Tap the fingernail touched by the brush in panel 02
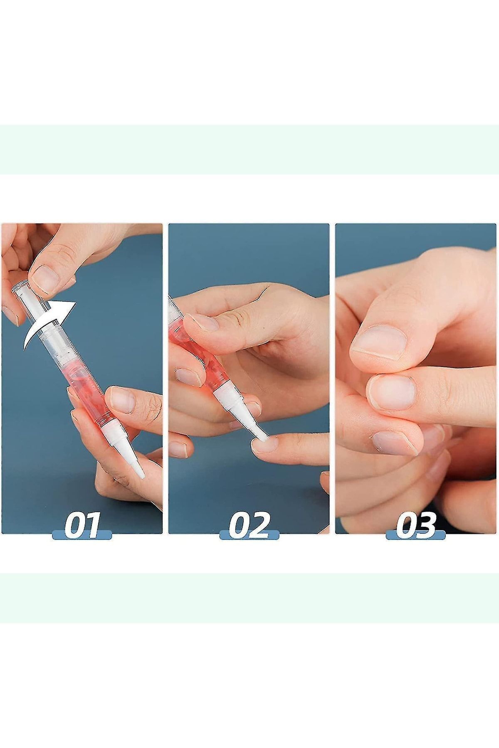[x=264, y=445]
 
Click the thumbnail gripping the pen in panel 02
[x=202, y=322]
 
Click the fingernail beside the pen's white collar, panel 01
[x=122, y=399]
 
